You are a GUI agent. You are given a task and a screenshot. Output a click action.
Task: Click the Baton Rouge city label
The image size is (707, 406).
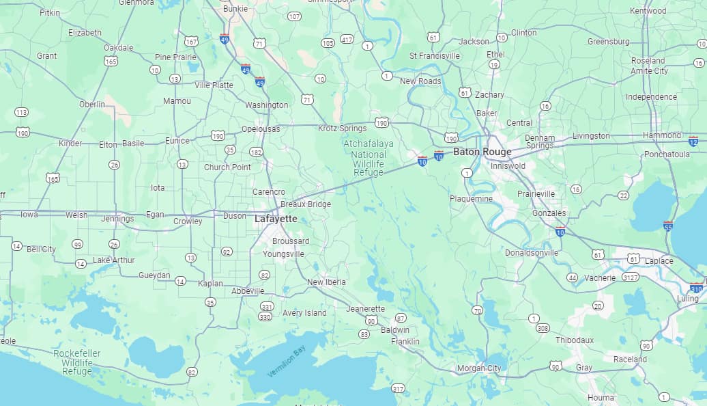click(482, 152)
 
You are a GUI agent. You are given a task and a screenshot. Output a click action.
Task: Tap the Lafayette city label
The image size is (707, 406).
click(276, 219)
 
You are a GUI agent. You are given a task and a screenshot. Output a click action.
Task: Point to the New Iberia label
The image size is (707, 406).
click(326, 282)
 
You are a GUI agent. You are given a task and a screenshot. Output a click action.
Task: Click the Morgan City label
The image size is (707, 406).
click(478, 368)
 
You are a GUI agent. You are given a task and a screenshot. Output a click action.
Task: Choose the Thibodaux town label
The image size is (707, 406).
click(575, 340)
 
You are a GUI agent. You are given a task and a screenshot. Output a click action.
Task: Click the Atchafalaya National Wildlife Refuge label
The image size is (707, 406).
click(369, 159)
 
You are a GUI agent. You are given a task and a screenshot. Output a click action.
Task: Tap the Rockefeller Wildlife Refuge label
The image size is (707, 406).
click(76, 362)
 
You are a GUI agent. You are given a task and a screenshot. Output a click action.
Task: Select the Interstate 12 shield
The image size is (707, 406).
click(693, 141)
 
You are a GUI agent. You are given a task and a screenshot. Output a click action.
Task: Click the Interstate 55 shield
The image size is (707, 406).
click(668, 225)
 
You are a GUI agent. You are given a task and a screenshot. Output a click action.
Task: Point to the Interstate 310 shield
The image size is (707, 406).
click(696, 288)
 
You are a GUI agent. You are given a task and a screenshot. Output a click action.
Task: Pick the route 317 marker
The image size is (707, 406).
click(398, 388)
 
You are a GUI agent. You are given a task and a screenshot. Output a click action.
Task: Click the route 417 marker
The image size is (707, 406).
click(347, 39)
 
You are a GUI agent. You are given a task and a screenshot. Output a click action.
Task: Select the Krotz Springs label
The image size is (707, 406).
click(342, 128)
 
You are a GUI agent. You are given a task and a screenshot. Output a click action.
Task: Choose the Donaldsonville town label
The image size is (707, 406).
click(532, 253)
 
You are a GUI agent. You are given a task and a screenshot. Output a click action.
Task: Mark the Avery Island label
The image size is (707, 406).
click(304, 313)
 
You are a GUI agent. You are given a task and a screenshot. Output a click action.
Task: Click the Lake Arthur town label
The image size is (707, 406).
click(114, 260)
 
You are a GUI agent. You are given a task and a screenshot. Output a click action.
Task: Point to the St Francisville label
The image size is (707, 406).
click(435, 55)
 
